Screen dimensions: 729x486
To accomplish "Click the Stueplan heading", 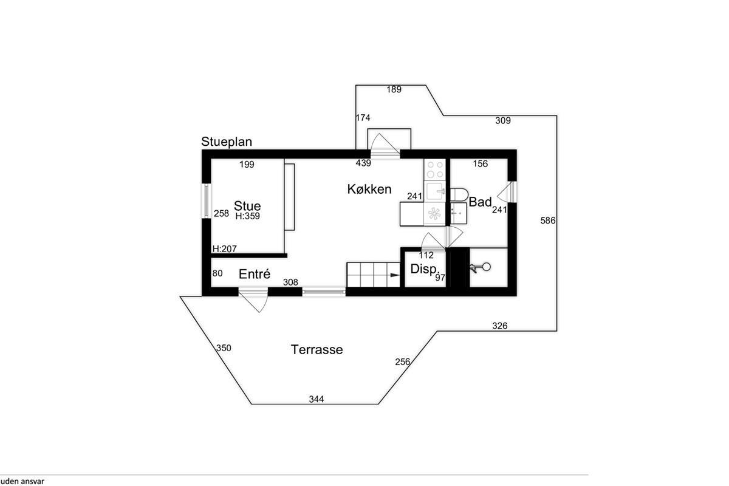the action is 227,142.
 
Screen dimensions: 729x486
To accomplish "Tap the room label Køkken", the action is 369,189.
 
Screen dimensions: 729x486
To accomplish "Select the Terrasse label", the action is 317,349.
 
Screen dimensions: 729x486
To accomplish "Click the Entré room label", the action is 255,274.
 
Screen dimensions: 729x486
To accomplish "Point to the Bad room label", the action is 480,202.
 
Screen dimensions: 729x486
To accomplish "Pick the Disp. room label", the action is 423,269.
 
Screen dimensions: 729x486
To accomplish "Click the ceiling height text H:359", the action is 248,216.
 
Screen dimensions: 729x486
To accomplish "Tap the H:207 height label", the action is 225,249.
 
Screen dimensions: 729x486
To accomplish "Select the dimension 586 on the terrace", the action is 548,221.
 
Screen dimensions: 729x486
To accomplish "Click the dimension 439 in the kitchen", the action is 363,163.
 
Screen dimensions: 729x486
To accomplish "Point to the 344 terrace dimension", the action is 317,399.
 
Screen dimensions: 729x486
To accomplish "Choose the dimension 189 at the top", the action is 394,89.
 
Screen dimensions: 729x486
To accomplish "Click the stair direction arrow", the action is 395,275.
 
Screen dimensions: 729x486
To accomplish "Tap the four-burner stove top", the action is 435,169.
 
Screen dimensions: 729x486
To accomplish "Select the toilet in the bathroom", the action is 459,194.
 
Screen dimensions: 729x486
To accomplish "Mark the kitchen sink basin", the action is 434,191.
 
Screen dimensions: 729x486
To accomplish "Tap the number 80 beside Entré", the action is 217,273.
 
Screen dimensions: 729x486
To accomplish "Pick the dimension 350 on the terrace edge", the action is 224,348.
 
